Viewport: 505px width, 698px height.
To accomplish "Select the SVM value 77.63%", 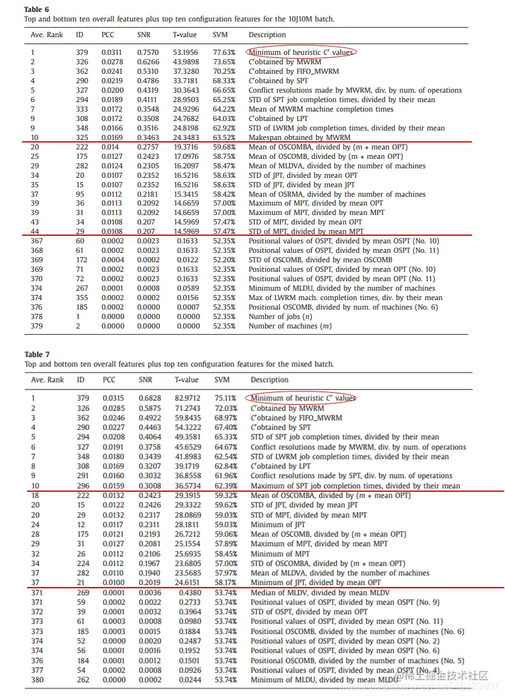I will point(224,52).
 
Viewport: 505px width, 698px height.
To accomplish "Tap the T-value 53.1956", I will point(186,52).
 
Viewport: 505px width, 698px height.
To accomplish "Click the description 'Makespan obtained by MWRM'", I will point(300,137).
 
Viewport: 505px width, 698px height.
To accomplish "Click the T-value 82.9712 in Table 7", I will point(186,398).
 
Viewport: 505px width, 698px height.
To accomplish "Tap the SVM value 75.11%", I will point(225,398).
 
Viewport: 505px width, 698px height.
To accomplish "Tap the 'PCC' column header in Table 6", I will point(108,35).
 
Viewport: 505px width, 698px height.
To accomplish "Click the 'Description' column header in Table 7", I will point(270,380).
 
